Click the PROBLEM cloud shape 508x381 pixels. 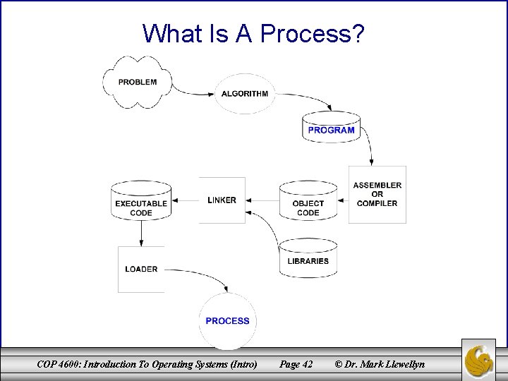[x=138, y=82]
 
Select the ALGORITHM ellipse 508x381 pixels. [x=244, y=94]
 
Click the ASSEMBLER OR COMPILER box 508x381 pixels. [x=377, y=195]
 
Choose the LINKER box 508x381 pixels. [x=222, y=200]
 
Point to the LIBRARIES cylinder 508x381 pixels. [x=308, y=258]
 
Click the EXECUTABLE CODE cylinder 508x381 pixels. [x=141, y=205]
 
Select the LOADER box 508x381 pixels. [x=141, y=269]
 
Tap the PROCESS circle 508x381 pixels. [x=227, y=321]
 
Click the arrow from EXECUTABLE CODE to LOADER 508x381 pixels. [x=141, y=233]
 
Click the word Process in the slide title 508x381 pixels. [x=308, y=33]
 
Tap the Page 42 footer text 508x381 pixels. [x=296, y=364]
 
